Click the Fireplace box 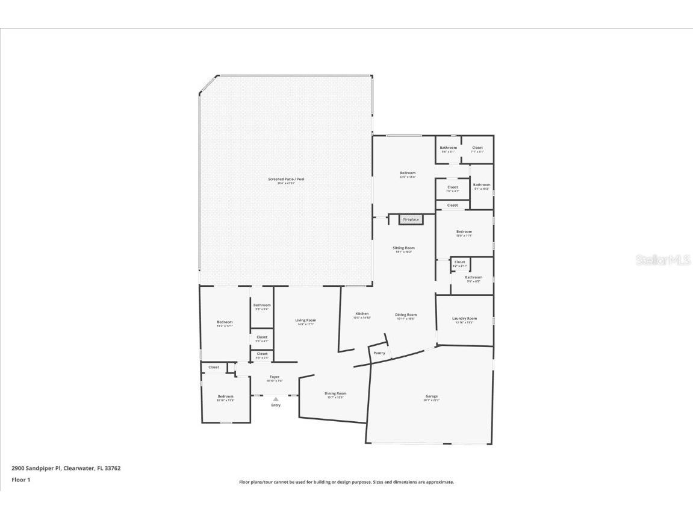click(x=411, y=219)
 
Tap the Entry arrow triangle click(x=276, y=399)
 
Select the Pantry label click(x=379, y=353)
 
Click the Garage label click(x=431, y=396)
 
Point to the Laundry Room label click(x=464, y=318)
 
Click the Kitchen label click(x=362, y=314)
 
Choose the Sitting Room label click(x=404, y=248)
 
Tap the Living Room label click(x=305, y=320)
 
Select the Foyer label click(x=275, y=377)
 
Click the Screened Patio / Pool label click(x=286, y=179)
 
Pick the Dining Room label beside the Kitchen click(x=406, y=315)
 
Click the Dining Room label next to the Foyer click(x=335, y=393)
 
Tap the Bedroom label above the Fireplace click(x=408, y=173)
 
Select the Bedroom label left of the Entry click(x=225, y=396)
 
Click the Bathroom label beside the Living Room click(x=262, y=305)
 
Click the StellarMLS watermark click(x=663, y=260)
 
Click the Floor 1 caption click(x=20, y=480)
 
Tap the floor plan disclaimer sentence click(x=346, y=482)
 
